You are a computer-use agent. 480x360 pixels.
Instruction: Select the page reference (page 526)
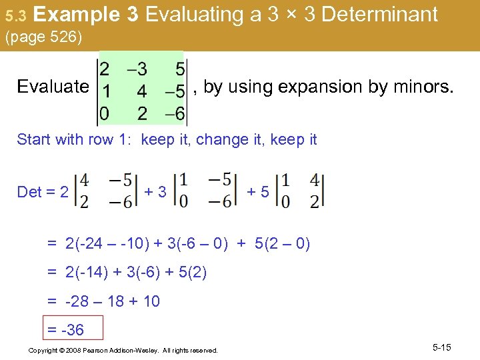click(x=43, y=38)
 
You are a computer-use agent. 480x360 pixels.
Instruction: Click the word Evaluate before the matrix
click(x=53, y=87)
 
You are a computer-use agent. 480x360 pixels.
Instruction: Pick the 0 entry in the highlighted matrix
click(x=104, y=114)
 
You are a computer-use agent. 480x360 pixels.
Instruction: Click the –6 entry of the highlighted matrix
click(x=175, y=114)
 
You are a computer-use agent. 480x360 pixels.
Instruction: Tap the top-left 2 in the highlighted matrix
click(x=105, y=69)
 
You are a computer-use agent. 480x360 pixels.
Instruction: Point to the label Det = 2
click(x=43, y=192)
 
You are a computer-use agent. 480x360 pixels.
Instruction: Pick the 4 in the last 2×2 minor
click(x=315, y=181)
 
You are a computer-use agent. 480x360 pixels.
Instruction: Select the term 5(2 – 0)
click(x=282, y=244)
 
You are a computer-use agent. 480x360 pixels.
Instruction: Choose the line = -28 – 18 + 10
click(x=103, y=301)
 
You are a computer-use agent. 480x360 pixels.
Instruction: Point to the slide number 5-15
click(x=442, y=347)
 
